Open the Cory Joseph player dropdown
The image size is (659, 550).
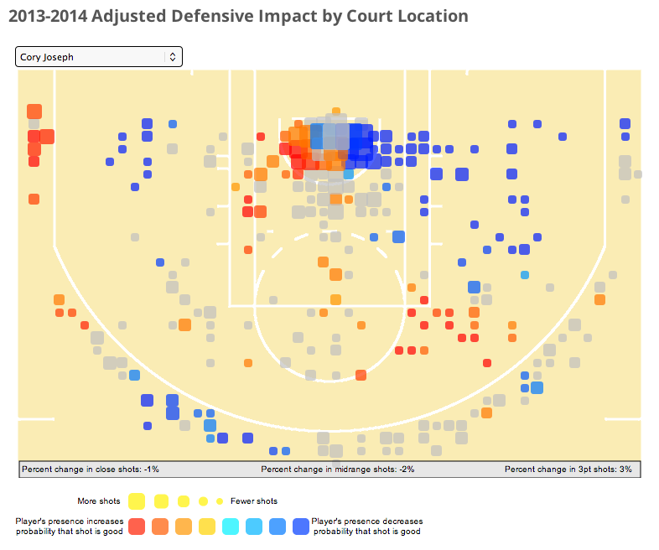92,57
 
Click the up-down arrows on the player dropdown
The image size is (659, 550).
173,57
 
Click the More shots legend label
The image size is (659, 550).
99,501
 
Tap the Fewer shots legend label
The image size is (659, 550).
254,501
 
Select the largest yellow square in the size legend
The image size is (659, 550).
138,501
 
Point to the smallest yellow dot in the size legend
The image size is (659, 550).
219,501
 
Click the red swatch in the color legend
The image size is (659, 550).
138,527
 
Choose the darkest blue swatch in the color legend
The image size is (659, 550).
300,527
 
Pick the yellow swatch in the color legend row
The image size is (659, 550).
207,527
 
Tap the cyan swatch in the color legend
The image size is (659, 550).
231,527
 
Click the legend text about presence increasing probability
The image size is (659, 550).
70,527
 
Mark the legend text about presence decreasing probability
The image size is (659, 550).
366,527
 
